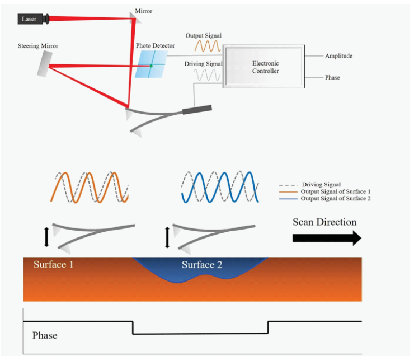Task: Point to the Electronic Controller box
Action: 264,67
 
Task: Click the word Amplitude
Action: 338,56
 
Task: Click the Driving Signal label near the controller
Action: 203,64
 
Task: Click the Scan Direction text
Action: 324,222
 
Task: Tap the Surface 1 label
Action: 54,264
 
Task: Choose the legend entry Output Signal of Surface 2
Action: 336,199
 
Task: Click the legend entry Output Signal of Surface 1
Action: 336,192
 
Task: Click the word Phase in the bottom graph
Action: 45,335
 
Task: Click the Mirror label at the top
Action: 144,11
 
